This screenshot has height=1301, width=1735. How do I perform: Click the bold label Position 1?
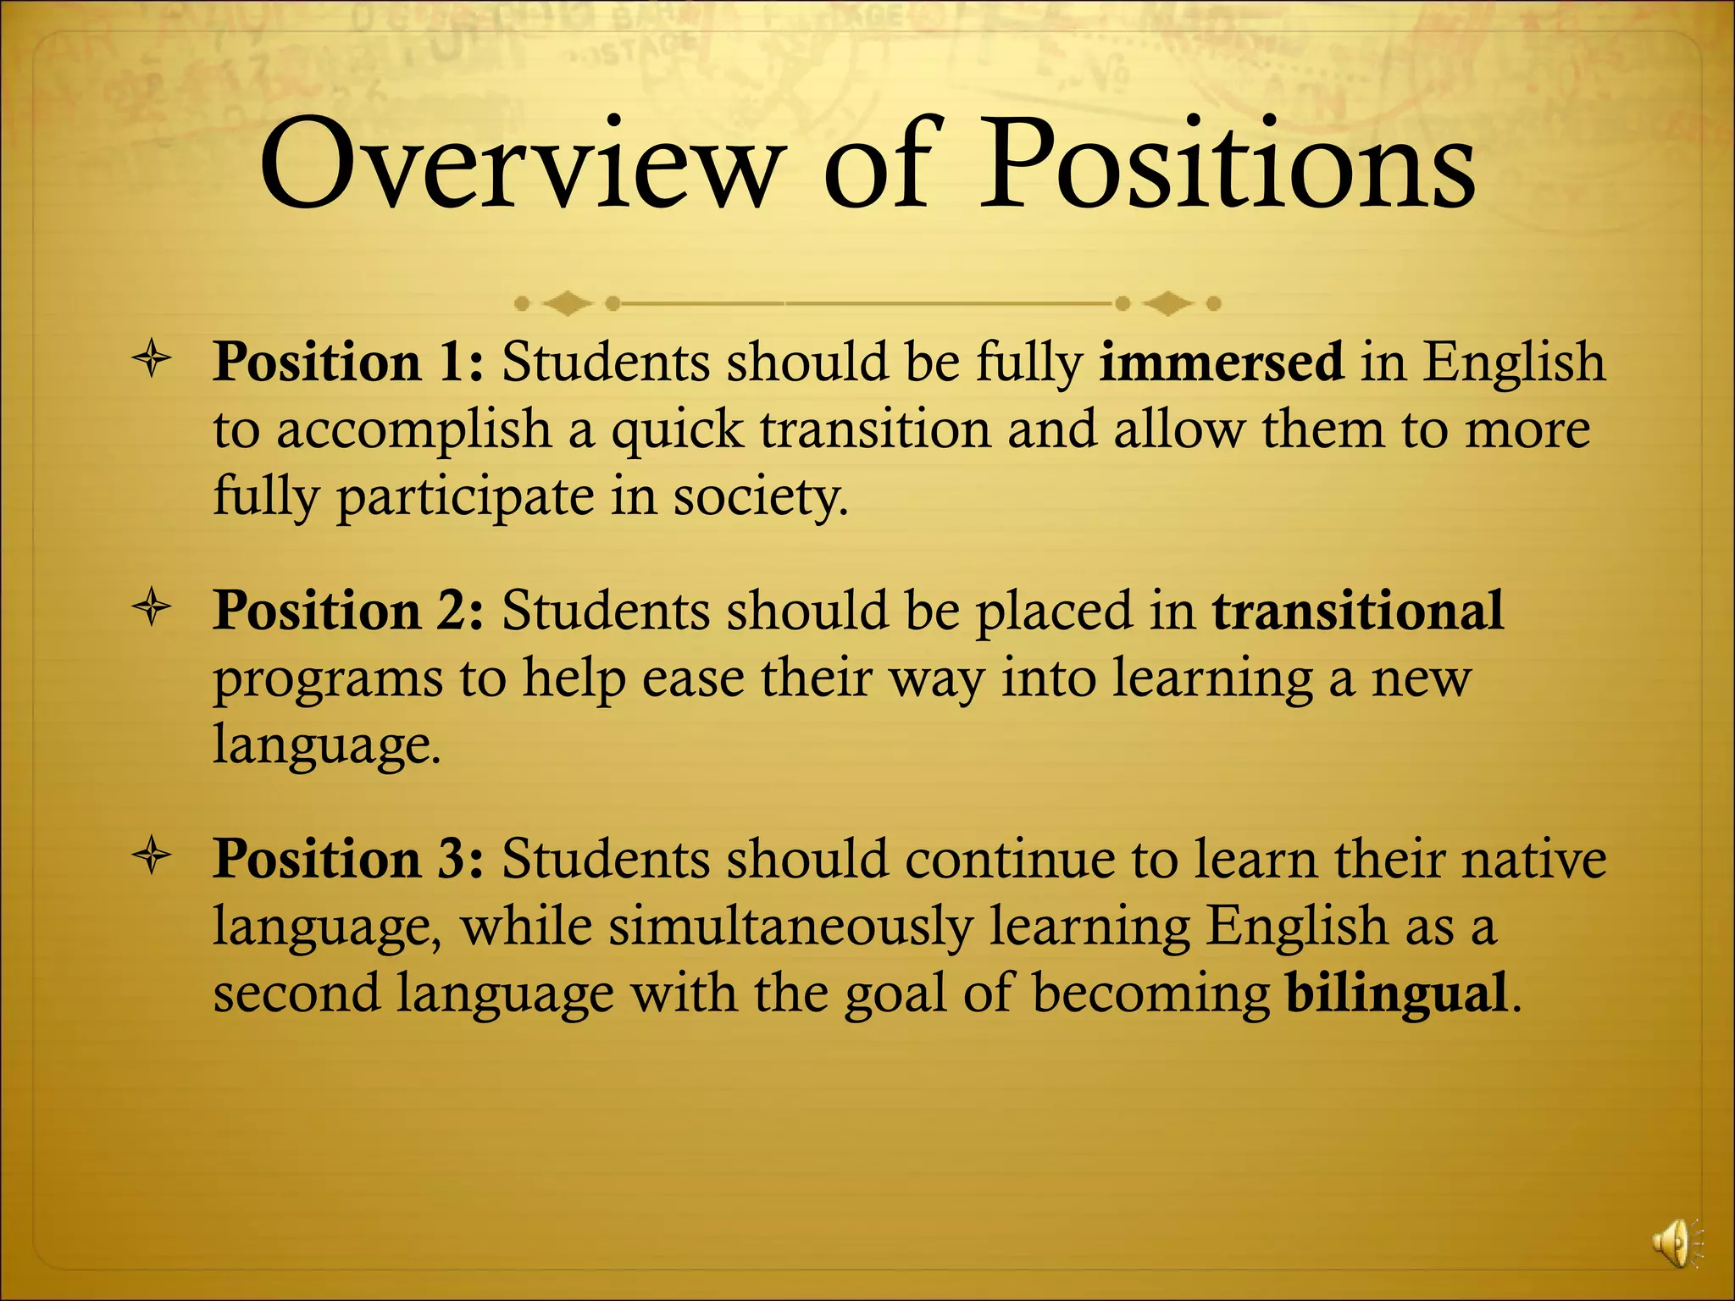tap(348, 363)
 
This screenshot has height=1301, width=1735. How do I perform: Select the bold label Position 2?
tap(348, 611)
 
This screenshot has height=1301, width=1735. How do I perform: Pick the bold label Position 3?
tap(348, 859)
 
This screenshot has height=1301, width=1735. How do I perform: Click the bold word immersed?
tap(1221, 362)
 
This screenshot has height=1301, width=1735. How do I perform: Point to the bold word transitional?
tap(1358, 610)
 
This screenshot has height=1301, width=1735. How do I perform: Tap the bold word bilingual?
tap(1396, 992)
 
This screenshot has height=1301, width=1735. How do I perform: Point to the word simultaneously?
tap(790, 926)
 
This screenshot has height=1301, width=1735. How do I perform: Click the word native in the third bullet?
tap(1533, 859)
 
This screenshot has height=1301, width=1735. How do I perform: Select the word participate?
tap(465, 498)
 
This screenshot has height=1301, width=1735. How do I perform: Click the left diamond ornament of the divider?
tap(567, 302)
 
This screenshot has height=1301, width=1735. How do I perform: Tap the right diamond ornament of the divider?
tap(1167, 302)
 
